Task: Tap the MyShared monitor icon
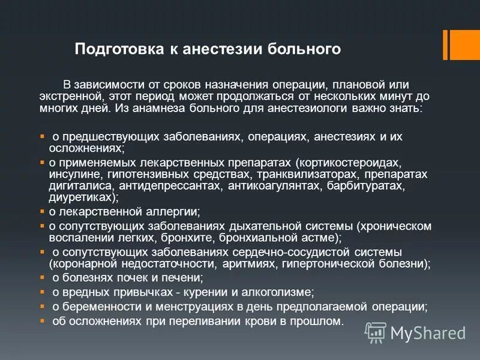pos(376,331)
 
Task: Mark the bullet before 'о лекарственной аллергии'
pos(42,212)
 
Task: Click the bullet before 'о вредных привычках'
pos(42,292)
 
